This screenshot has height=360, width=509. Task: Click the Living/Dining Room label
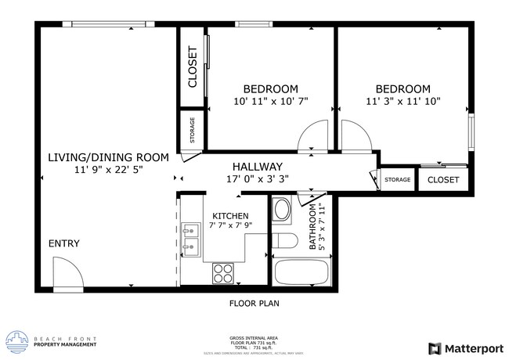click(x=108, y=157)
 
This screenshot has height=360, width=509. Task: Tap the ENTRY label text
click(x=64, y=243)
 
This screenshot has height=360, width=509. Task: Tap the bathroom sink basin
click(x=281, y=211)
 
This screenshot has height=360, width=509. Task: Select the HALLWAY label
click(x=257, y=167)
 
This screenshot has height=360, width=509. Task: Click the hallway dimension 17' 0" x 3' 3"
click(x=257, y=178)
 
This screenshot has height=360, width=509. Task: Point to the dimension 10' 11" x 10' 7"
click(x=270, y=101)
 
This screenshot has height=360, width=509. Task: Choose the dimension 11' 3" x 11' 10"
click(x=403, y=101)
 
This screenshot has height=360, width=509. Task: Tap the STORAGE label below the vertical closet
click(x=193, y=131)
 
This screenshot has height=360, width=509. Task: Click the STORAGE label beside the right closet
click(x=398, y=181)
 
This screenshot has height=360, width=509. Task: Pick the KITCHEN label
click(x=230, y=216)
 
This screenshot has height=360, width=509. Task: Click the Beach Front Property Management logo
click(x=52, y=341)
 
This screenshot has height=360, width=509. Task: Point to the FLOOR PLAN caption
click(x=254, y=303)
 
